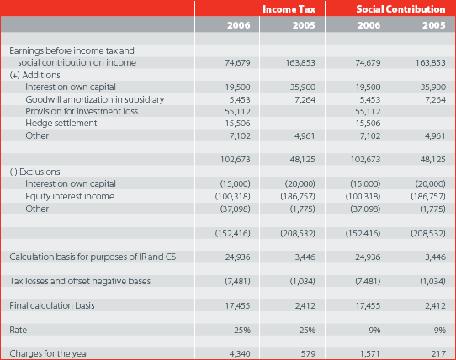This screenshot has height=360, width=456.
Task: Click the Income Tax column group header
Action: coord(289,9)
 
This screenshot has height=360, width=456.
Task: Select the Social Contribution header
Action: coord(400,9)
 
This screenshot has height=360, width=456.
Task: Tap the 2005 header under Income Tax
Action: coord(304,25)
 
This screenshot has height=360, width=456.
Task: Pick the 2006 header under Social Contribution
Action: coord(369,25)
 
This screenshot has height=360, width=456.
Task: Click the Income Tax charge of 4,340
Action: coord(240,353)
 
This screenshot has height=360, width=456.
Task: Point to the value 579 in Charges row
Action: coord(308,353)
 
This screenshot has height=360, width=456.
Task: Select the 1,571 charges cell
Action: coord(370,353)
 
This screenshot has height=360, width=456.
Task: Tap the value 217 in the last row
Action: coord(439,353)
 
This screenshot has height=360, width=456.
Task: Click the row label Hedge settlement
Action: coord(61,124)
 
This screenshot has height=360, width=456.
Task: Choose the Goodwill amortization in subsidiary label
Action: coord(95,99)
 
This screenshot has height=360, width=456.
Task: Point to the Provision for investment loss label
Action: coord(82,111)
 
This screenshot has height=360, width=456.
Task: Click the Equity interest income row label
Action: coord(70,196)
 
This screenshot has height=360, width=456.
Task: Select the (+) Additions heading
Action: coord(34,75)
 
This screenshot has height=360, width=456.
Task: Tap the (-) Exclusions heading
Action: coord(34,172)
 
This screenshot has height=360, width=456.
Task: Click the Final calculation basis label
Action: coord(52,305)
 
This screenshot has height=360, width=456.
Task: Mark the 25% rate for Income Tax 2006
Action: coord(242,330)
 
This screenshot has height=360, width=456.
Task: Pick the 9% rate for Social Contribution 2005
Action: coord(440,330)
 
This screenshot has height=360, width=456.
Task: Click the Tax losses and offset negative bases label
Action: coord(80,281)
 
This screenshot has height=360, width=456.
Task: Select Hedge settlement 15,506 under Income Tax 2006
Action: coord(237,124)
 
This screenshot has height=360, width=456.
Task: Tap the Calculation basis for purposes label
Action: coord(93,257)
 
